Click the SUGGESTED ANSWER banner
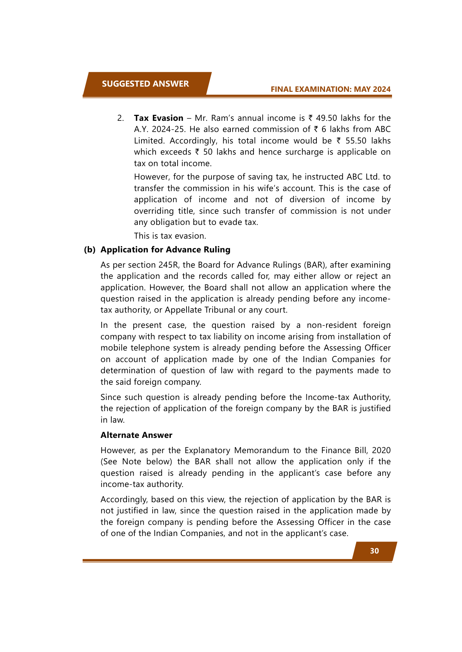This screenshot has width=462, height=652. tap(145, 84)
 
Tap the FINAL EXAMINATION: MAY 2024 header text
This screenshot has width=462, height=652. tap(331, 89)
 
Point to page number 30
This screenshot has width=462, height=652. tap(374, 551)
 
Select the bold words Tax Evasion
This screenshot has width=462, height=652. tap(159, 118)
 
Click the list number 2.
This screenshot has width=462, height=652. tap(120, 118)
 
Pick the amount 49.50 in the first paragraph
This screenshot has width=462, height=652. tap(326, 118)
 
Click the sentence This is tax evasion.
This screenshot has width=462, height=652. tap(170, 236)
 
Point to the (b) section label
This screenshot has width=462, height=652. tap(90, 250)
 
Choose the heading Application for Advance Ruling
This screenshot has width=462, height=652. tap(165, 250)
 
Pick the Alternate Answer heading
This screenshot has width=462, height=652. tap(136, 435)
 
